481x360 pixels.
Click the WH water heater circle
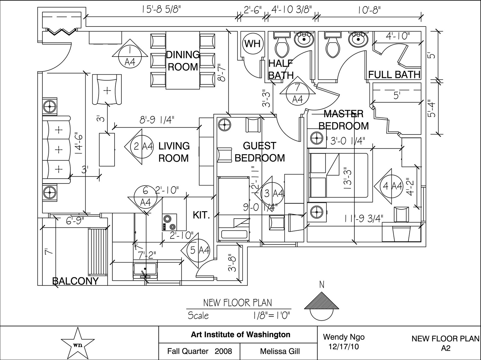click(x=253, y=44)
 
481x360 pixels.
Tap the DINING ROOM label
click(x=183, y=61)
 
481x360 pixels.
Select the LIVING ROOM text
click(x=174, y=152)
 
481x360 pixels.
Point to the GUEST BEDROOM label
click(x=260, y=152)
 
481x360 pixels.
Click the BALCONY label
click(x=75, y=281)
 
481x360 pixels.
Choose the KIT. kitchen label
click(x=201, y=215)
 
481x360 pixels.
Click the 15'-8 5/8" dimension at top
click(x=161, y=10)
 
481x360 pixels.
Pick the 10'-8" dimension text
click(x=369, y=10)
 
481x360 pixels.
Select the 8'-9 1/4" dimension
click(x=157, y=120)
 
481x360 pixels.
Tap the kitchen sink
click(x=145, y=269)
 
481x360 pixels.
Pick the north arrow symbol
click(x=321, y=306)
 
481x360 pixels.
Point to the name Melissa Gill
click(x=280, y=351)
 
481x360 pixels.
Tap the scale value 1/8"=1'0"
click(x=272, y=316)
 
